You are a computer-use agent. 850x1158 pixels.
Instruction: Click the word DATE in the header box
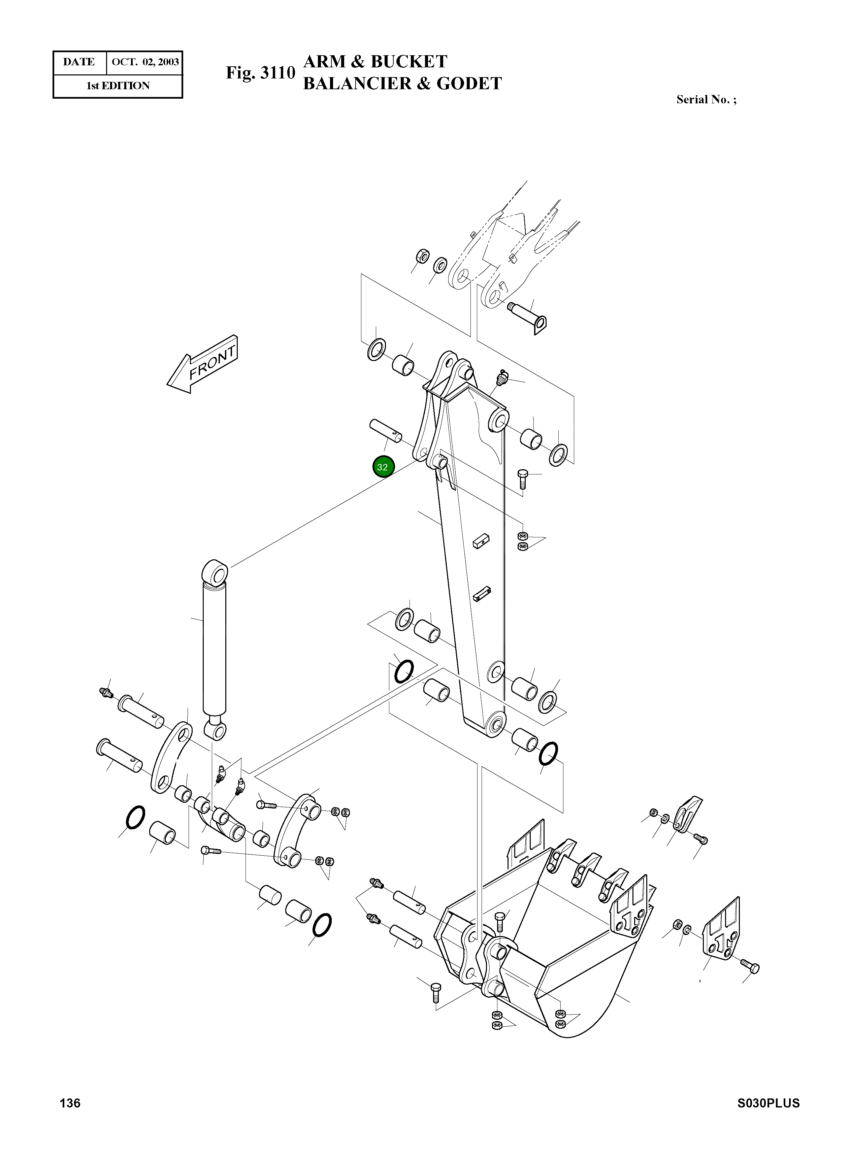[x=79, y=62]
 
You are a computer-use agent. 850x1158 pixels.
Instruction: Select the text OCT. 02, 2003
[x=145, y=62]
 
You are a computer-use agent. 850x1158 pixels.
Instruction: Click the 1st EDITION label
[x=118, y=86]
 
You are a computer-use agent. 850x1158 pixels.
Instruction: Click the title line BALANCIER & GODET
[x=402, y=83]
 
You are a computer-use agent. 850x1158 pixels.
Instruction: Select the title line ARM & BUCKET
[x=375, y=62]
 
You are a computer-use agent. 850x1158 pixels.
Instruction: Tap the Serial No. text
[x=706, y=100]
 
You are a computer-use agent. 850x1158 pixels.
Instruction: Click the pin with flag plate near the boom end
[x=528, y=316]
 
